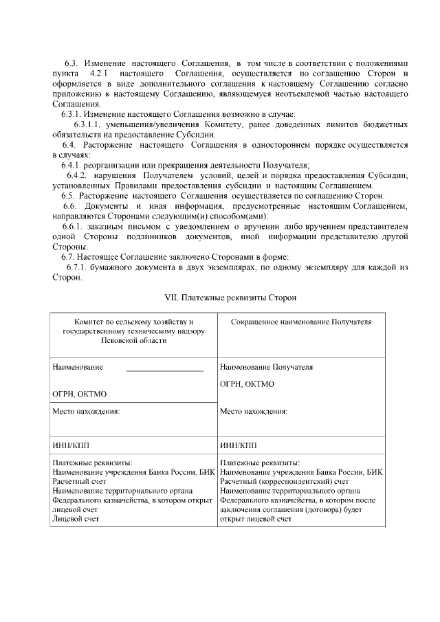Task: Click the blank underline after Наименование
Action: [x=165, y=370]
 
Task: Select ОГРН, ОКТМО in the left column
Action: [x=79, y=394]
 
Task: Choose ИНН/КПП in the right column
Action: [x=238, y=445]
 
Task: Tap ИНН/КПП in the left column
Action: [x=71, y=445]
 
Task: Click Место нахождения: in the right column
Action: [x=254, y=412]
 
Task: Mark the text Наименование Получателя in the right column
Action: [x=266, y=367]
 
